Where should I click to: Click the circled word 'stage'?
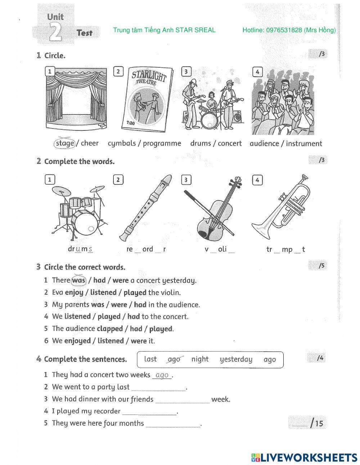point(65,143)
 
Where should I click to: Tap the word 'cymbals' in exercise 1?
point(122,143)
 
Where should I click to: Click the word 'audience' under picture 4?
point(264,143)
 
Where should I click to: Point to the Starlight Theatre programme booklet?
point(146,99)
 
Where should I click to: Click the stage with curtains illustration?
point(77,98)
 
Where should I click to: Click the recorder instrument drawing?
point(146,208)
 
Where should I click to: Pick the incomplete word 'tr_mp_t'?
point(285,249)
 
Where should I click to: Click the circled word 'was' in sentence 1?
point(78,280)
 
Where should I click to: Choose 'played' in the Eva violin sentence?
point(135,292)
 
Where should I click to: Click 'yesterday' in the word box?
point(236,359)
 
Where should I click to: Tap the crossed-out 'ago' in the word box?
point(174,359)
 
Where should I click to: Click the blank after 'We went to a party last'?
point(158,388)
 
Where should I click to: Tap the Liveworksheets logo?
point(304,457)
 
